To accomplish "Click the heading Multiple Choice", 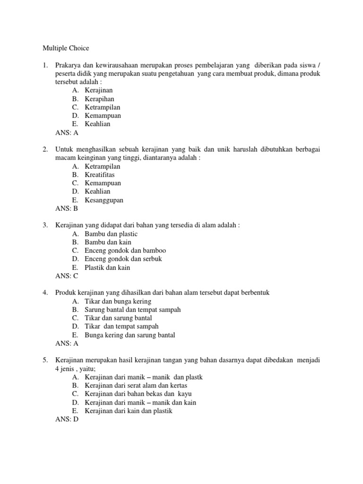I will pyautogui.click(x=66, y=48).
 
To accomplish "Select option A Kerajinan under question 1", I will pyautogui.click(x=99, y=90).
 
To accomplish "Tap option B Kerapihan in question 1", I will pyautogui.click(x=99, y=99).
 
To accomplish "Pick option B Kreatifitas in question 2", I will pyautogui.click(x=100, y=174).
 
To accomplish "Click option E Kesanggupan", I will pyautogui.click(x=104, y=200).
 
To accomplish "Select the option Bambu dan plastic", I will pyautogui.click(x=111, y=233).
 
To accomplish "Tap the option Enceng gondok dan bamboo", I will pyautogui.click(x=125, y=251).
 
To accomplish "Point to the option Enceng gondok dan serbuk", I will pyautogui.click(x=123, y=259).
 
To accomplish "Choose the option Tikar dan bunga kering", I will pyautogui.click(x=118, y=301).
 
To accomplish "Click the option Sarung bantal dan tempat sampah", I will pyautogui.click(x=133, y=310).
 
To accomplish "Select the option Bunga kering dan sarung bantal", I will pyautogui.click(x=130, y=335).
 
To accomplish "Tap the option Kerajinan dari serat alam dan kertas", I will pyautogui.click(x=133, y=386).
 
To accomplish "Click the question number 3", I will pyautogui.click(x=45, y=225).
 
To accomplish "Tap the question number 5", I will pyautogui.click(x=45, y=360).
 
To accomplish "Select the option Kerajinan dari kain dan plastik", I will pyautogui.click(x=129, y=411).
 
